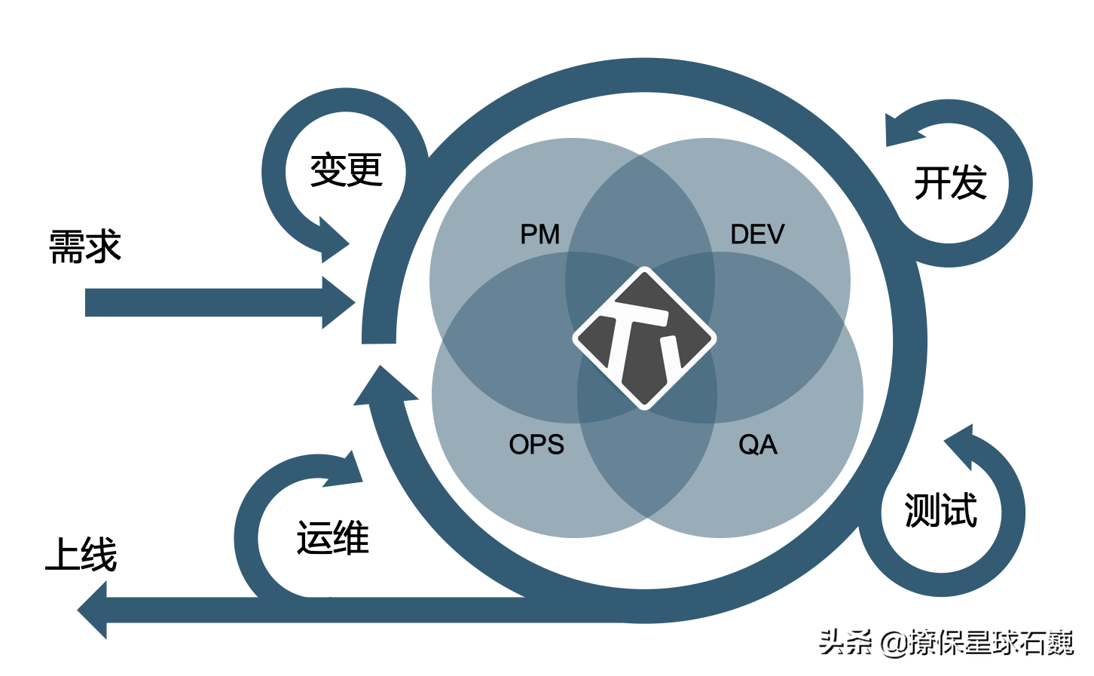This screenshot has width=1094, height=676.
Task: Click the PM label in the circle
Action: (x=539, y=234)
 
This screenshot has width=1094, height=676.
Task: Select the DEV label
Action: (x=756, y=234)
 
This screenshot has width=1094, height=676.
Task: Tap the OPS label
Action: (x=536, y=445)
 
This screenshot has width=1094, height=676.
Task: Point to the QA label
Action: (x=757, y=445)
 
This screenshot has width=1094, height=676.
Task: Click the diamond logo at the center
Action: (x=644, y=338)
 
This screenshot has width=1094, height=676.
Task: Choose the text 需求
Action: (x=85, y=246)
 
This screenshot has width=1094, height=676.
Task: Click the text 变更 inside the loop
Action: (x=347, y=170)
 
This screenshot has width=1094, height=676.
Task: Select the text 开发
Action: (x=950, y=183)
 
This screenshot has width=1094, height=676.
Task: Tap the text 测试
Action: (x=940, y=511)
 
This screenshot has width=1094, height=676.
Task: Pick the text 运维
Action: (x=332, y=538)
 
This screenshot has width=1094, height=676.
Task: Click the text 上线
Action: (x=81, y=555)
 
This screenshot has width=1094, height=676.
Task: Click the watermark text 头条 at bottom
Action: (x=845, y=643)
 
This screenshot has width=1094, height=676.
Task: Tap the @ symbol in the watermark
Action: (x=894, y=644)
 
